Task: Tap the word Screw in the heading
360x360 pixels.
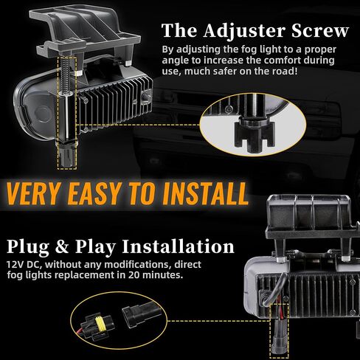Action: click(321, 31)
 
